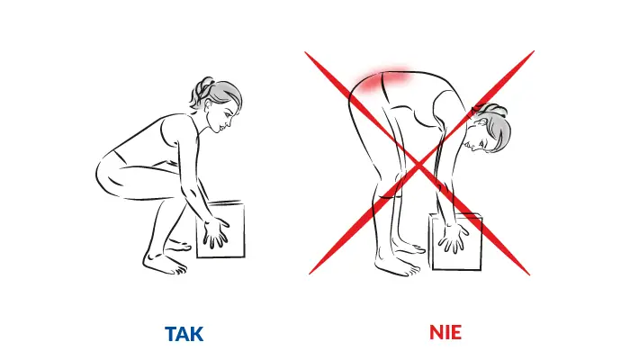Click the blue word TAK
tap(184, 334)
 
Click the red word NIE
tap(445, 332)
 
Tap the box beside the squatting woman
tap(221, 229)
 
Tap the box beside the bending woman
tap(456, 242)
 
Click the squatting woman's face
tap(223, 116)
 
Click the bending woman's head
tap(490, 130)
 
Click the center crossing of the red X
tap(419, 164)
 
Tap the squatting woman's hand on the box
tap(215, 232)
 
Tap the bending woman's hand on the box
tap(454, 238)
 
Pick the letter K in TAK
tap(196, 334)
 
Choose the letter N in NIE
tap(436, 332)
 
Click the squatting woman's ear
tap(208, 105)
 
